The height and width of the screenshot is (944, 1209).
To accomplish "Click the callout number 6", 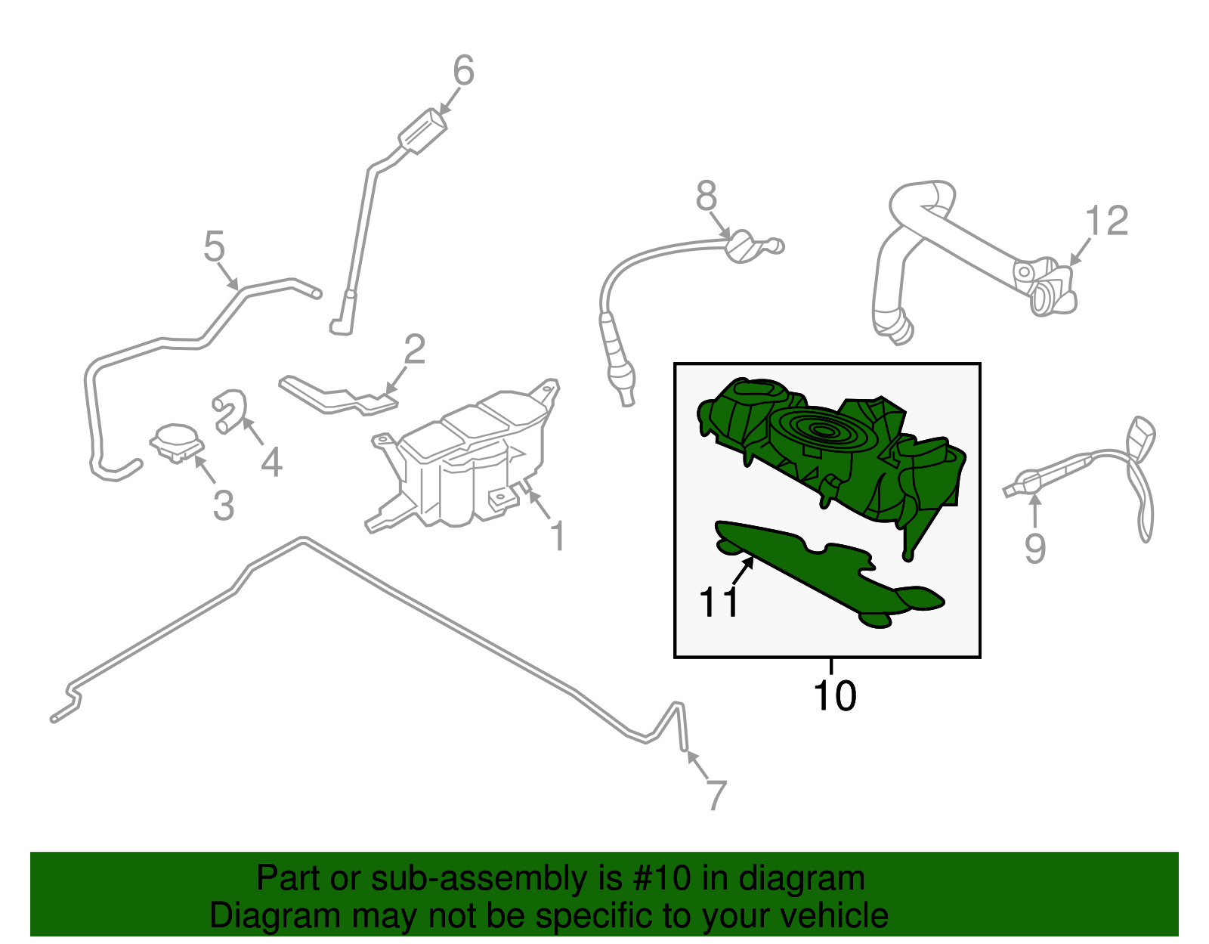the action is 463,70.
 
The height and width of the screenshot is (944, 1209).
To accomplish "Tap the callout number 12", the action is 1107,220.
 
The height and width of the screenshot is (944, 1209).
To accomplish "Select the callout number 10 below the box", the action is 834,695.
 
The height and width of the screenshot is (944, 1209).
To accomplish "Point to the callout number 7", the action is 716,795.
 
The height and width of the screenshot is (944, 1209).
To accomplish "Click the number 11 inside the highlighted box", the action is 719,602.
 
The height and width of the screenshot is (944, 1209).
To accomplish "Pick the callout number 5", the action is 214,246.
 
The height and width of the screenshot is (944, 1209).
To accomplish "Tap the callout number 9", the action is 1035,548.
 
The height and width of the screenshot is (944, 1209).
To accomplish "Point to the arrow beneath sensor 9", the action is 1035,510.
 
